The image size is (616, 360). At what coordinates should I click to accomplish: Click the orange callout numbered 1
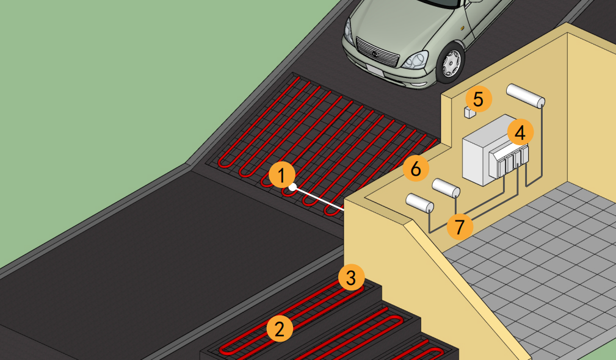(281, 175)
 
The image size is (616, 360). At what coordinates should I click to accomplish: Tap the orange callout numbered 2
(280, 329)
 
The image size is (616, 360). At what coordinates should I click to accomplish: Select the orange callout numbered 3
(351, 278)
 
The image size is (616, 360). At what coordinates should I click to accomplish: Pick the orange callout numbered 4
(520, 132)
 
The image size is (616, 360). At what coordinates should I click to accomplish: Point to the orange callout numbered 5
(478, 99)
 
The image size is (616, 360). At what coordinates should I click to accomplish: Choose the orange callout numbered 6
(416, 169)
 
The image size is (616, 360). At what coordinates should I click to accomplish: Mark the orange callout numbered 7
(460, 226)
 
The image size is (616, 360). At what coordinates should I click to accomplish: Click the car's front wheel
(451, 63)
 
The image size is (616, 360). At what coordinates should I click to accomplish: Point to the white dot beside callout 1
(292, 187)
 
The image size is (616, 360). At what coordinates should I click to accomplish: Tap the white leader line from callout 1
(318, 199)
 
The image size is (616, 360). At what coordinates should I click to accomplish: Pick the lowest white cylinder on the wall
(419, 203)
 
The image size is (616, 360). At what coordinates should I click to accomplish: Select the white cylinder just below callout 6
(446, 188)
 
